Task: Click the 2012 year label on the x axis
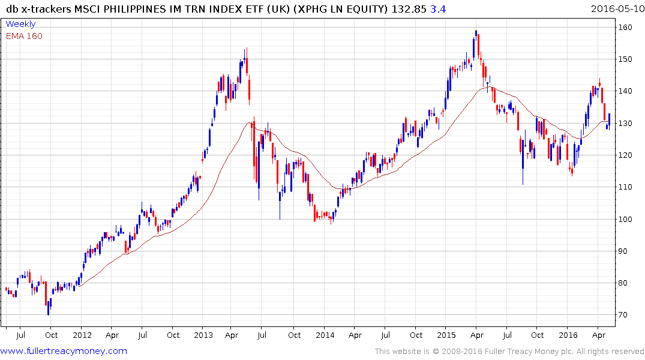click(x=82, y=335)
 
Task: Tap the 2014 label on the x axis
click(x=325, y=335)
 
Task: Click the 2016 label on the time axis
click(x=568, y=335)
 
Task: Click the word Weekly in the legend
click(x=20, y=24)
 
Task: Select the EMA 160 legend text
click(x=24, y=36)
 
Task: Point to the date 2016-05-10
click(x=616, y=8)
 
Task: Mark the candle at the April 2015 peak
click(x=476, y=40)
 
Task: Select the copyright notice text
click(x=509, y=352)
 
